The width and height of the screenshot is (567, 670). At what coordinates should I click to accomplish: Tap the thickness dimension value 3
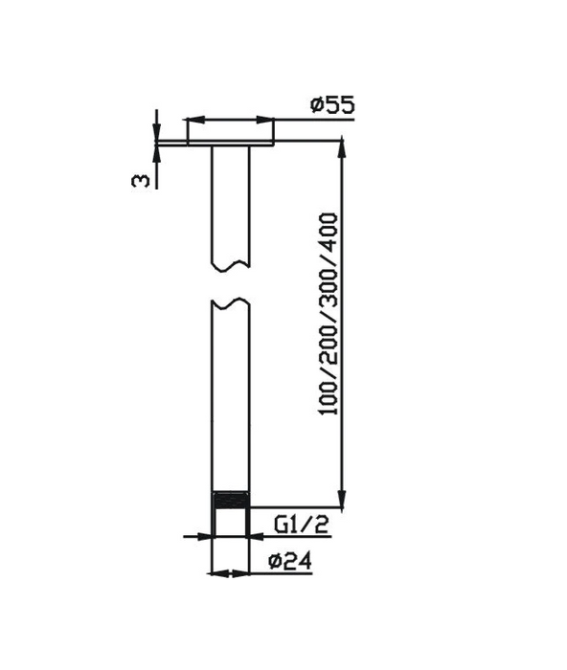tap(141, 179)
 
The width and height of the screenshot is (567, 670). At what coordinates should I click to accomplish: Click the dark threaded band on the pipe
tap(229, 501)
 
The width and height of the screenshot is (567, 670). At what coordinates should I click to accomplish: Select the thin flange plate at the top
tap(230, 144)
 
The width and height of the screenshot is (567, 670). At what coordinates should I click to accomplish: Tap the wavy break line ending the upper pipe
tap(230, 264)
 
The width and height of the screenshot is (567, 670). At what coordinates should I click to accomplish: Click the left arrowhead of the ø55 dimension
tap(190, 121)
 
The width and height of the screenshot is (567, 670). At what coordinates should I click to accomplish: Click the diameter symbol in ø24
tap(278, 561)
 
